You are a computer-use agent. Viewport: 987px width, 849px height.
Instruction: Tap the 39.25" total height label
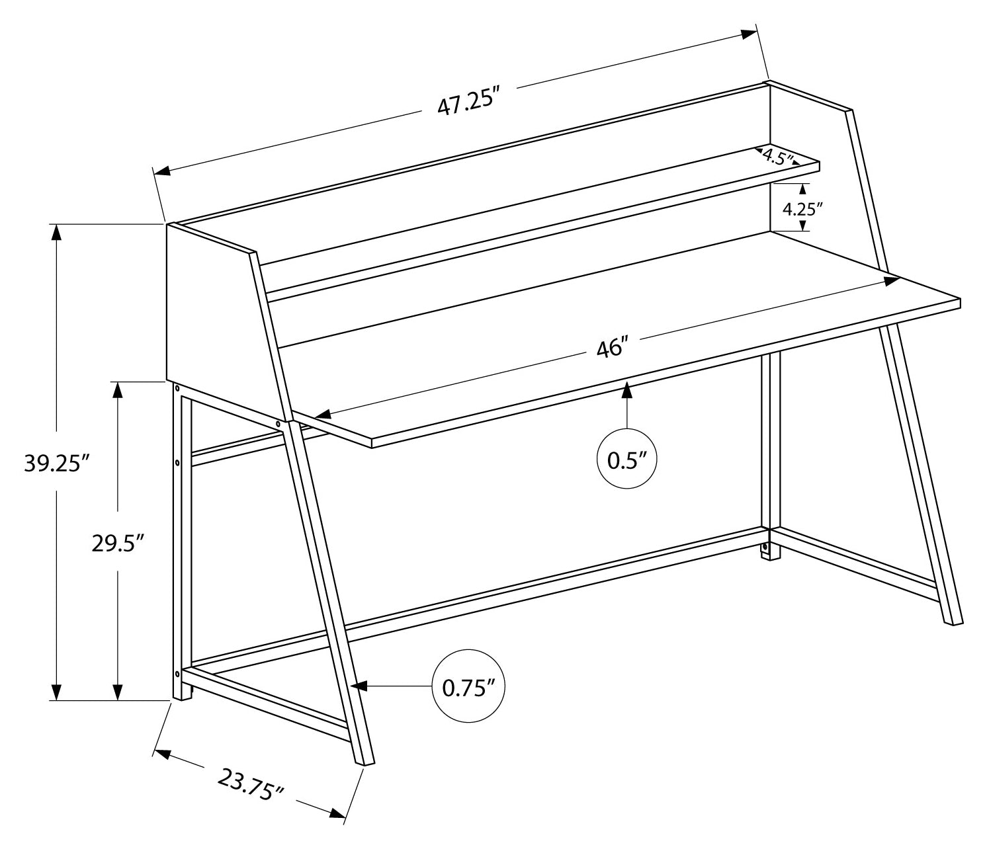point(57,464)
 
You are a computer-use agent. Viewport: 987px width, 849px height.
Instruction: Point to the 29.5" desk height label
point(118,543)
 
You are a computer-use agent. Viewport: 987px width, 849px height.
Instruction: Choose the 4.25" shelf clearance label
point(802,209)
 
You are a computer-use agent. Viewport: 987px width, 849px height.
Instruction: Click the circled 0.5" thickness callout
point(626,460)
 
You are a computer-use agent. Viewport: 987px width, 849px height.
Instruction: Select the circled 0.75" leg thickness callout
point(468,688)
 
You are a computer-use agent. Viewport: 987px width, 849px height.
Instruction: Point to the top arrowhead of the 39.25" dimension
point(57,233)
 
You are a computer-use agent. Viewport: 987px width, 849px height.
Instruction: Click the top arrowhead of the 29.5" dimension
point(118,389)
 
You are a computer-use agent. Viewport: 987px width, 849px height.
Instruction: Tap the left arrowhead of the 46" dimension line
point(322,415)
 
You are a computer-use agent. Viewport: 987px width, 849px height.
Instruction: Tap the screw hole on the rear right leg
point(765,547)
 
